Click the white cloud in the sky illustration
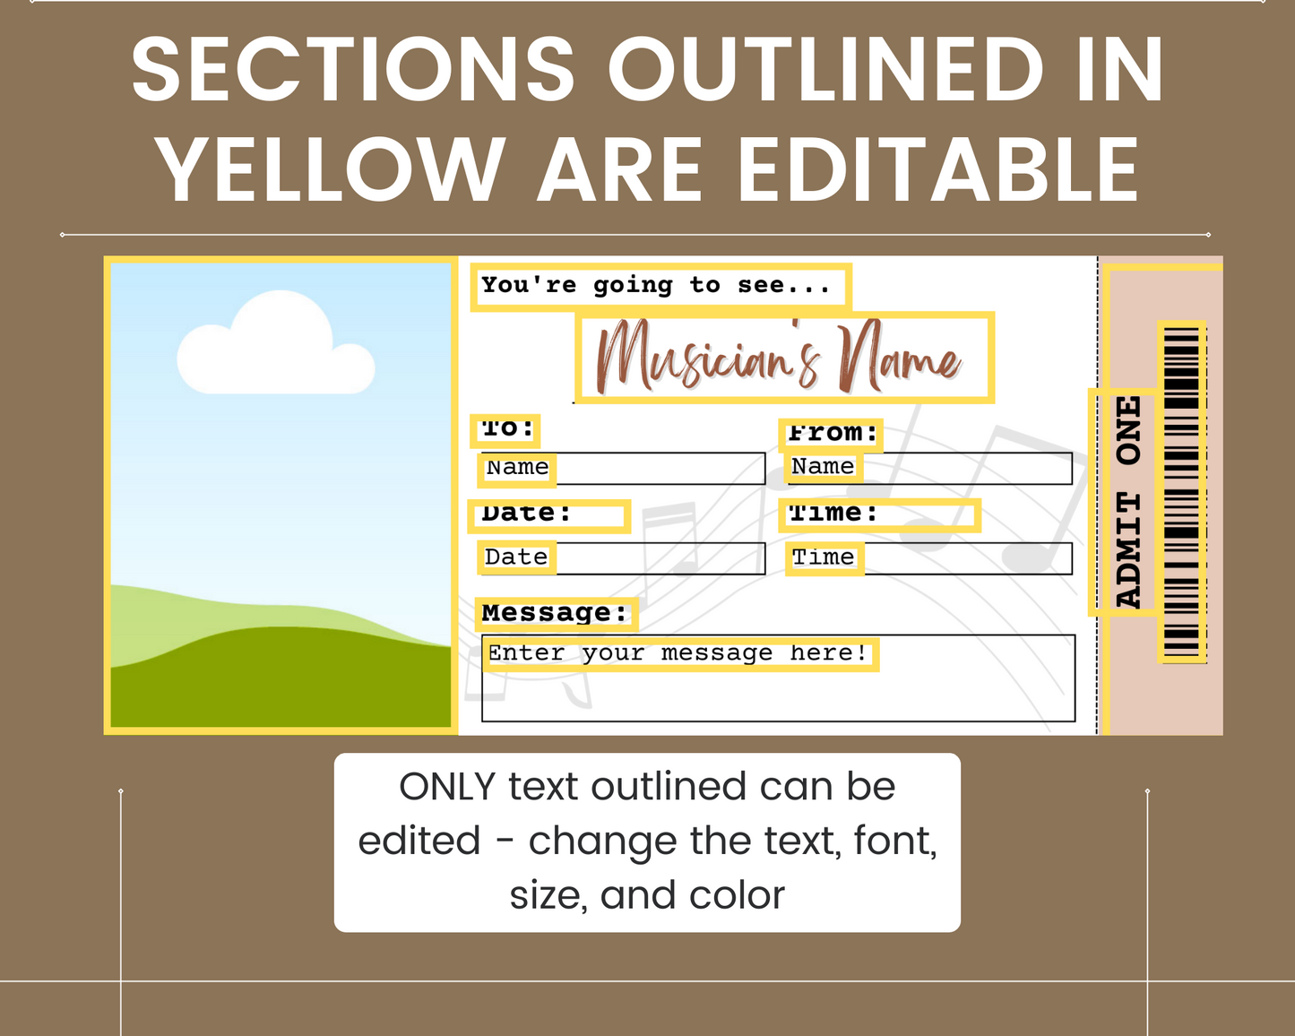coord(276,344)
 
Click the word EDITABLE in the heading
coord(937,169)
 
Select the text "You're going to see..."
coord(655,285)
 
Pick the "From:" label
coord(833,433)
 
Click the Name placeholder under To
coord(517,468)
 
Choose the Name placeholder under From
coord(823,467)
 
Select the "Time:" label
coord(833,513)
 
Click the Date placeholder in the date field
coord(516,557)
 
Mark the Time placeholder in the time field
coord(823,557)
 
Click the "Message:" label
coord(554,613)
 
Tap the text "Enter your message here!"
coord(678,653)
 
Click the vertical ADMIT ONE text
coord(1128,502)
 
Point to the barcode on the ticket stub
coord(1181,491)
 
